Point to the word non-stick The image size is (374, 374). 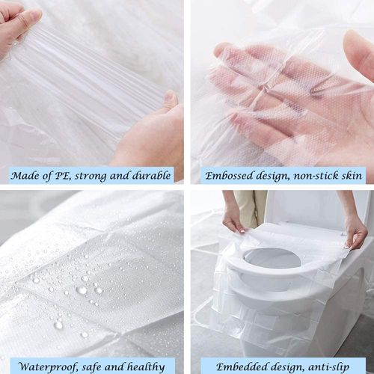click(313, 177)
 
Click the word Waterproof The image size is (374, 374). click(49, 367)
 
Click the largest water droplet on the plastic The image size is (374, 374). click(82, 289)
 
